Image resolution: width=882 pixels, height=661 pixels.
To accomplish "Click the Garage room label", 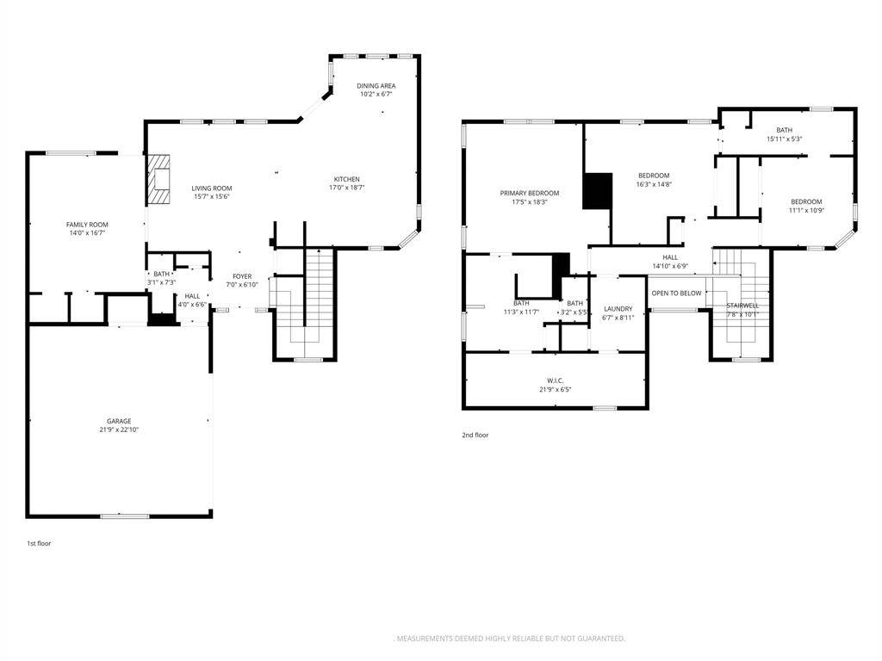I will pos(119,421).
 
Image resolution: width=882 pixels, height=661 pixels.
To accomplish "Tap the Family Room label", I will pos(93,225).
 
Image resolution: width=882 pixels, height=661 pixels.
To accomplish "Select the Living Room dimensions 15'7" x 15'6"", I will pos(211,196).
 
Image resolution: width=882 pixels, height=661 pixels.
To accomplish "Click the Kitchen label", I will pos(347,179).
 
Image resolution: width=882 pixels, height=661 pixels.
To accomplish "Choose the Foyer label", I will pos(242,276).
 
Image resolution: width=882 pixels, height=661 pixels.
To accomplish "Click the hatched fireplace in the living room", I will pos(158,180).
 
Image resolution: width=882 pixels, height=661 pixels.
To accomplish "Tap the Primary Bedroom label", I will pos(530,193).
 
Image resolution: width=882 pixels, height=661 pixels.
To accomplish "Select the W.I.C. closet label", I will pos(555,380).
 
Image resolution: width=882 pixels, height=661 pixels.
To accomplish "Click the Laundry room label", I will pos(618,308).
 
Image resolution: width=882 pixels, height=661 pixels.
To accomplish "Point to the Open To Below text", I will pos(676,293).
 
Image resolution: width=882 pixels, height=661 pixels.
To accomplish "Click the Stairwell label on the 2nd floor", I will pos(742,305).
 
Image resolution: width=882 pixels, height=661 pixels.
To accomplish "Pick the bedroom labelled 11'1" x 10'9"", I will pos(806,201).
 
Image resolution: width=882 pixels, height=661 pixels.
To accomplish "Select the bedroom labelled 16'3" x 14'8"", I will pos(653,176).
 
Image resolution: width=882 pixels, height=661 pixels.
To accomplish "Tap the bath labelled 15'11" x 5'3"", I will pos(784,130).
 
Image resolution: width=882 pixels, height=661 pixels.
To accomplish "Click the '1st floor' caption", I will pos(39,543).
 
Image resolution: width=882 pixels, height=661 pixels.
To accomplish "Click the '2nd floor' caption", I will pos(475,435).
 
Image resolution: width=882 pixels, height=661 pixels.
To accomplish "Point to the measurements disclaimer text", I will pos(509,638).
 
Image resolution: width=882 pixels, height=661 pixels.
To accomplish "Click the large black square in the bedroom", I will pos(597,190).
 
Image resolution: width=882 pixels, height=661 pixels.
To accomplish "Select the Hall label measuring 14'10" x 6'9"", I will pos(670,257).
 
